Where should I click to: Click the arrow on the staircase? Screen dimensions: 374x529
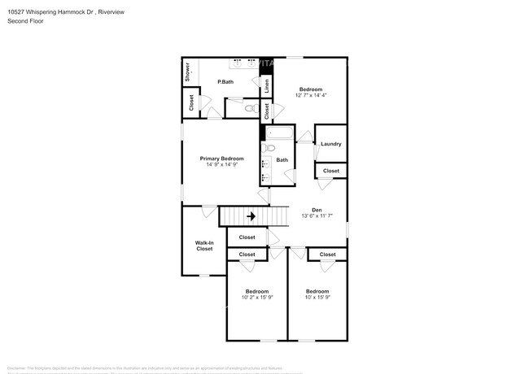(251, 216)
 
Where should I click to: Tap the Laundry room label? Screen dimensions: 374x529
(330, 144)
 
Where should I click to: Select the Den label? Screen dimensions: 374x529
(317, 210)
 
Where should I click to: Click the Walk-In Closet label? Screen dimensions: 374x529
(204, 246)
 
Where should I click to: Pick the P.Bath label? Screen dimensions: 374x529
(225, 82)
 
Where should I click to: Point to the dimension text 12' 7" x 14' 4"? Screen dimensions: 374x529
(311, 95)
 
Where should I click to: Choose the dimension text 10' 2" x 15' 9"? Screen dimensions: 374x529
(256, 298)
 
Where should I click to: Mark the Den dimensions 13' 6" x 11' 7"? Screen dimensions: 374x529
(317, 216)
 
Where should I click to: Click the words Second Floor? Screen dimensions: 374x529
(25, 21)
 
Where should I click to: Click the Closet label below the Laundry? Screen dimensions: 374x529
(331, 171)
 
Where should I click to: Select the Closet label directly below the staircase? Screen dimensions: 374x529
(247, 237)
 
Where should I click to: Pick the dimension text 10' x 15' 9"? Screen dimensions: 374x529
(317, 298)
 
